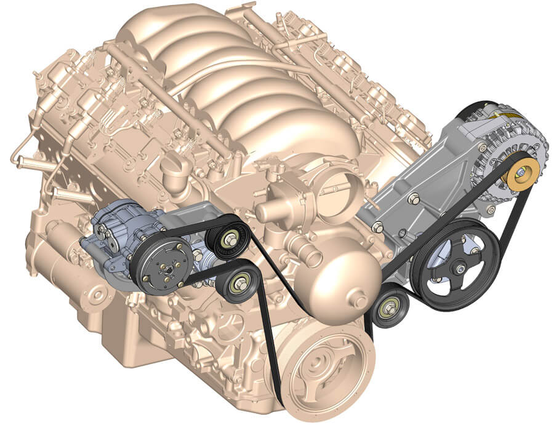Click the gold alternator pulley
(x=521, y=174)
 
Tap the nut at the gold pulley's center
(x=520, y=175)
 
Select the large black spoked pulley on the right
(x=456, y=264)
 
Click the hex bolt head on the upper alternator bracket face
(x=413, y=199)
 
